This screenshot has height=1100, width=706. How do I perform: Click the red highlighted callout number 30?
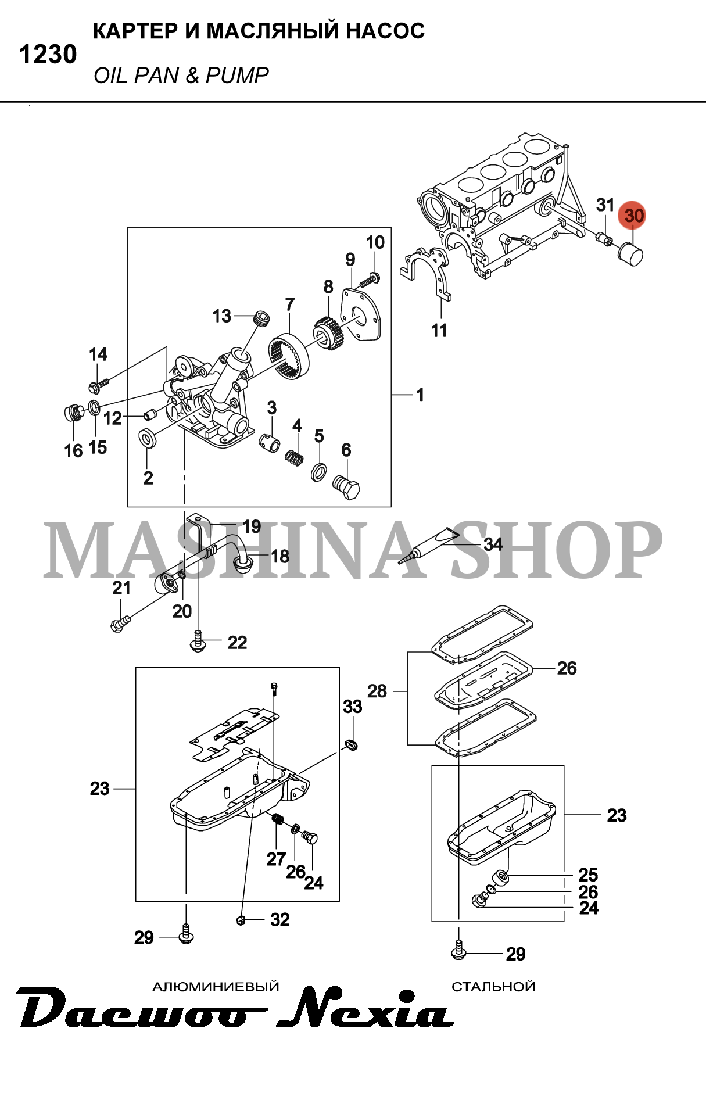tap(633, 216)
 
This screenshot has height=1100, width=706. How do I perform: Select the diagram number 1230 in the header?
tap(48, 55)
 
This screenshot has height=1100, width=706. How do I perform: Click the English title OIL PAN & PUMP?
tap(181, 76)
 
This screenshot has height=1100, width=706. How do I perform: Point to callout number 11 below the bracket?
tap(439, 331)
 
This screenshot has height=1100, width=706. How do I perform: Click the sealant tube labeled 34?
tap(430, 544)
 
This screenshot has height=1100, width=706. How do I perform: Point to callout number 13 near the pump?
tap(222, 316)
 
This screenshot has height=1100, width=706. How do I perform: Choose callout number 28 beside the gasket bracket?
tap(377, 691)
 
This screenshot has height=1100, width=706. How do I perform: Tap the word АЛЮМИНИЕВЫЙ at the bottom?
tap(216, 986)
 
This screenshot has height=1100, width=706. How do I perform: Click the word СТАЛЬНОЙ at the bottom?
tap(493, 986)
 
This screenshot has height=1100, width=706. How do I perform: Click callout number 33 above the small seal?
tap(352, 707)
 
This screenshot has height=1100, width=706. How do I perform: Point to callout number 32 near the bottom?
tap(279, 919)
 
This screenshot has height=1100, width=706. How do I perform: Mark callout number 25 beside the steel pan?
tap(588, 875)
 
